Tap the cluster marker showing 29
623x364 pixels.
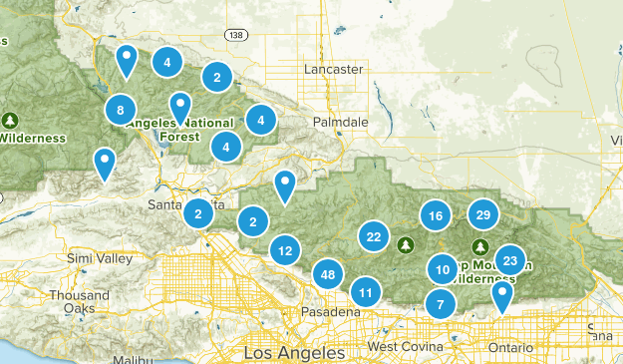tap(483, 214)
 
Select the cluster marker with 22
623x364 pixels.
tap(374, 236)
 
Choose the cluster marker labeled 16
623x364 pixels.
tap(435, 215)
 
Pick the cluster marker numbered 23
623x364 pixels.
tap(510, 260)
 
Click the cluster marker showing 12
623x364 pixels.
tap(286, 250)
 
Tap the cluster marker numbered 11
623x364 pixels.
tap(366, 292)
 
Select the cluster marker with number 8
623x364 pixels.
tap(121, 110)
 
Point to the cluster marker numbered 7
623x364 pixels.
tap(440, 304)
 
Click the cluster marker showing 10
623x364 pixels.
tap(443, 268)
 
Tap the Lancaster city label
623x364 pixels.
tap(333, 70)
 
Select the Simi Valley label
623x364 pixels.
tap(100, 259)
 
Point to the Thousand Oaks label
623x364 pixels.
tap(80, 302)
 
